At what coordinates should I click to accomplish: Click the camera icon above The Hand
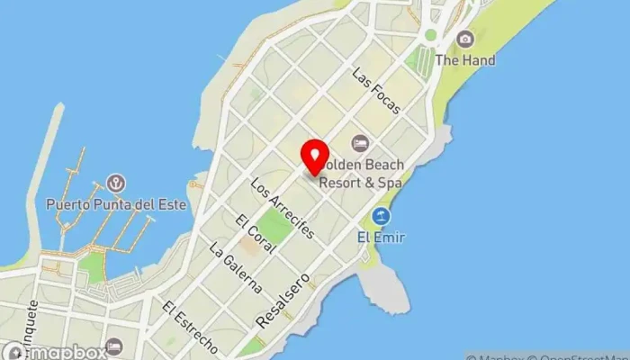(464, 39)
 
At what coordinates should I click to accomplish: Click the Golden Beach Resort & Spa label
(362, 174)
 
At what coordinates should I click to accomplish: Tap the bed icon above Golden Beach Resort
(360, 143)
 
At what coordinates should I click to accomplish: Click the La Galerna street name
(235, 268)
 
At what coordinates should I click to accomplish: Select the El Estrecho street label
(190, 326)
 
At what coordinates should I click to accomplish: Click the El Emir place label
(381, 238)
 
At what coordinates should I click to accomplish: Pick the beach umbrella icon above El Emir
(381, 217)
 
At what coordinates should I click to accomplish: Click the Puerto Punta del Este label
(116, 204)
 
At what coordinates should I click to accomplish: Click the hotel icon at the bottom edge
(114, 347)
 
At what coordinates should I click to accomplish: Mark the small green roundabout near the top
(430, 36)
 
